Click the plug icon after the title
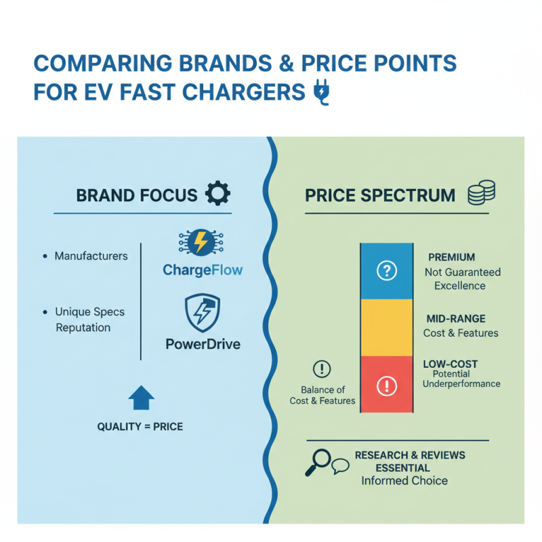(x=321, y=93)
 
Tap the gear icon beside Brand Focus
(x=217, y=194)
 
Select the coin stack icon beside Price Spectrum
(x=482, y=194)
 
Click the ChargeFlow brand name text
(x=203, y=270)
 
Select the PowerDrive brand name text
(x=203, y=344)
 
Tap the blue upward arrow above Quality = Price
(x=141, y=397)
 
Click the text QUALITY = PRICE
(x=140, y=428)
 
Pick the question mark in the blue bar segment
(x=385, y=272)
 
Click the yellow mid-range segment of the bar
(x=385, y=328)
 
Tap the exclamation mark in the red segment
(x=385, y=385)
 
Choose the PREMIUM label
(x=451, y=258)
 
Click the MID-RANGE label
(x=456, y=318)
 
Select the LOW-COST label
(x=451, y=364)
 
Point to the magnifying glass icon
(x=318, y=461)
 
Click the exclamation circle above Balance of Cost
(x=322, y=369)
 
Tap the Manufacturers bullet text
(x=91, y=256)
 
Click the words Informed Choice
(x=404, y=481)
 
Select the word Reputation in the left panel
(x=83, y=327)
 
